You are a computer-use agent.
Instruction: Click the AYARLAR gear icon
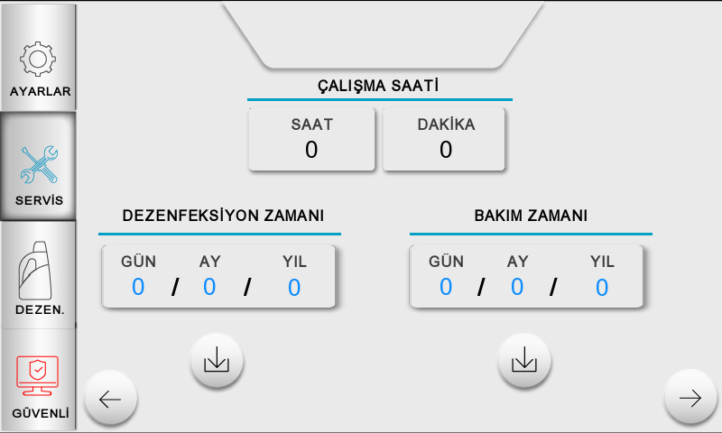tap(38, 58)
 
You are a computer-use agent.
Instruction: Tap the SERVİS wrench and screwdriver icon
tap(38, 165)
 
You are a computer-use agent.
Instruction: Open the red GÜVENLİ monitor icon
tap(38, 374)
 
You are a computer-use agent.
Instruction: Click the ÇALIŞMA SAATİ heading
tap(378, 86)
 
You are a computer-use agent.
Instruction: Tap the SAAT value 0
tap(311, 150)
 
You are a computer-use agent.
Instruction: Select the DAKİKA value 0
tap(446, 150)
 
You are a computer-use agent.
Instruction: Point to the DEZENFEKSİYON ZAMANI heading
tap(223, 216)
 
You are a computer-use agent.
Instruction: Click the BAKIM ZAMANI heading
tap(531, 216)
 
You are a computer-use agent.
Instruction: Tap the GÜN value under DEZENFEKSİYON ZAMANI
tap(138, 287)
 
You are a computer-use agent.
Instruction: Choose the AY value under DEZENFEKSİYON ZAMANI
tap(209, 287)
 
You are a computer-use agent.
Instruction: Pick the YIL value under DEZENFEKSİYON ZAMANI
tap(294, 287)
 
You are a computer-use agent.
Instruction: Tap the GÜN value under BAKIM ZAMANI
tap(446, 287)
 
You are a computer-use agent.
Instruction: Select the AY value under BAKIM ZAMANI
tap(517, 287)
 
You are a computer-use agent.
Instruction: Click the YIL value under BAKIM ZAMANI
tap(602, 287)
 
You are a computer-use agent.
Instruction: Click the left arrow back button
tap(110, 399)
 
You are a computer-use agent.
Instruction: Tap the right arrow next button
tap(690, 399)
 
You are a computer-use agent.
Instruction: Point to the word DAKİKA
tap(446, 125)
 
